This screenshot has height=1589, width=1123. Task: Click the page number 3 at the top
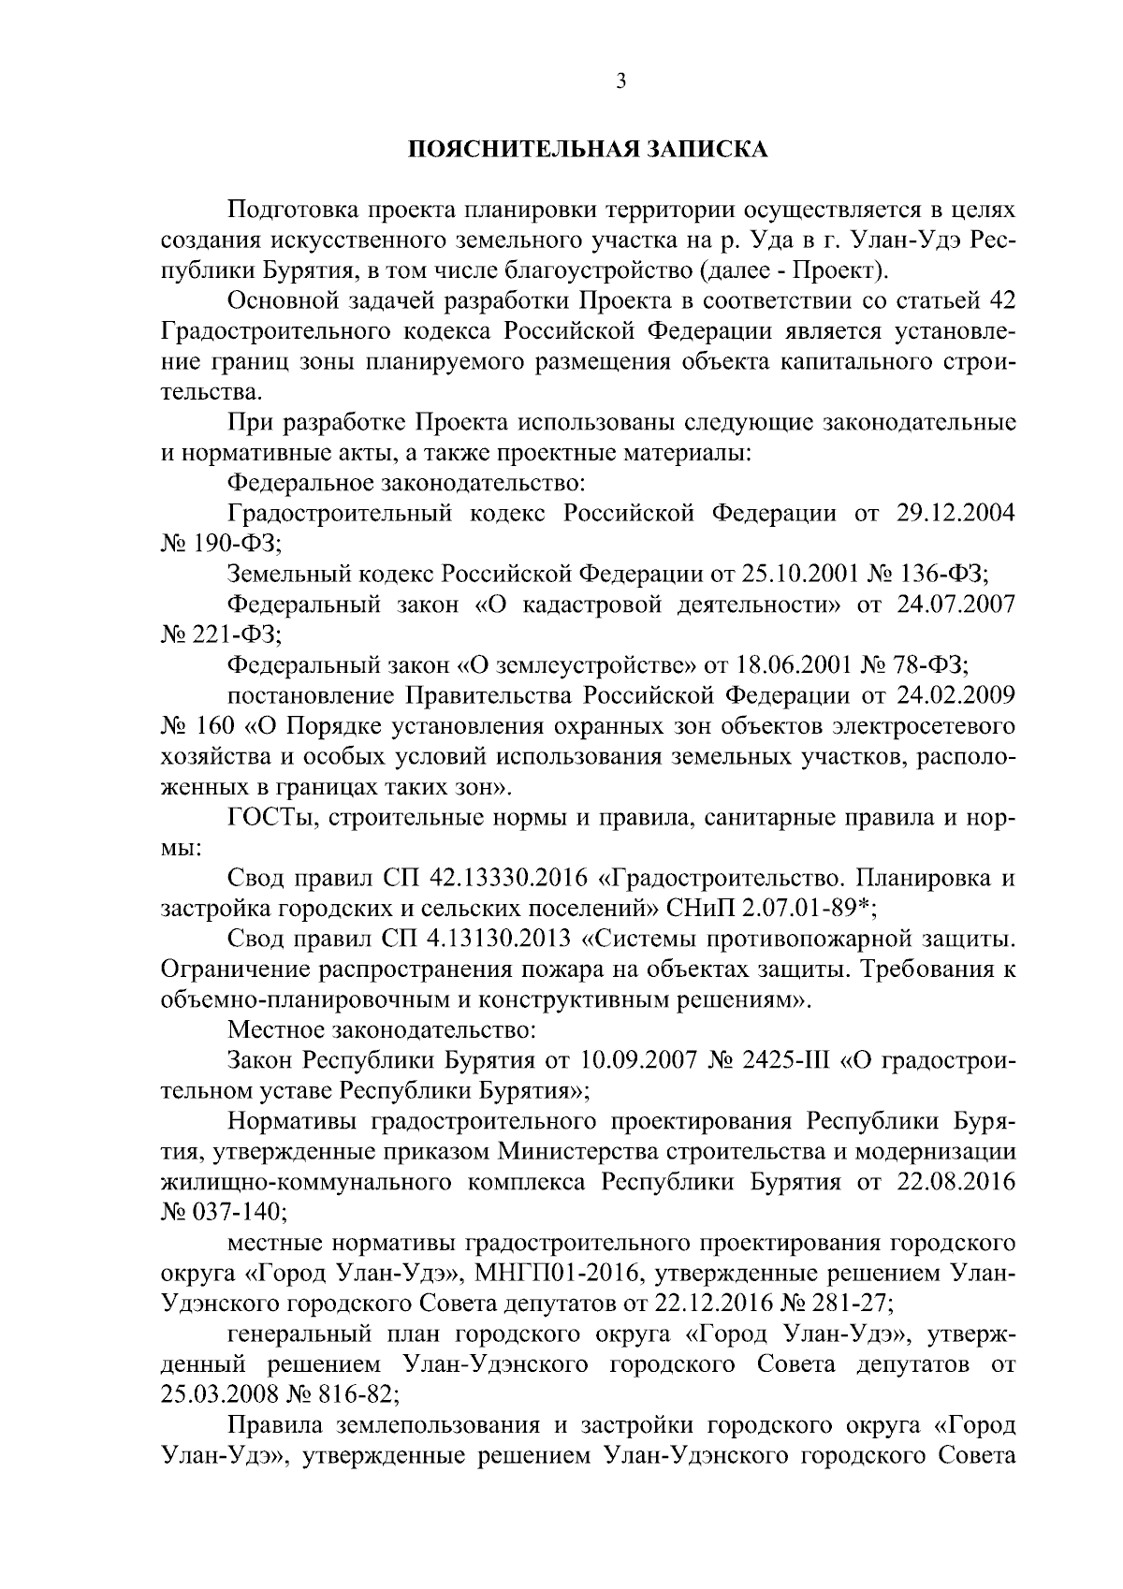620,82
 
